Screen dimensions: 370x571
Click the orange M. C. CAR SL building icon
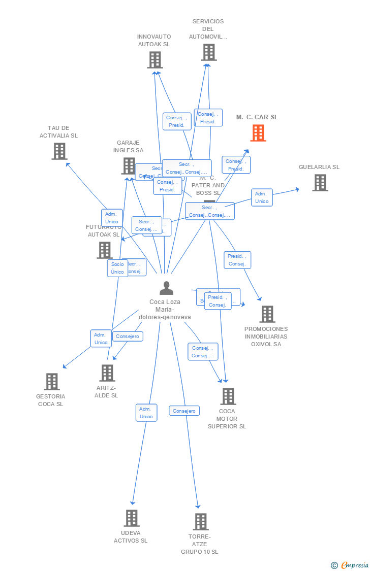258,133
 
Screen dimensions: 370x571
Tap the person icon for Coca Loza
166,288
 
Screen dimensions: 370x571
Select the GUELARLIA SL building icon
320,183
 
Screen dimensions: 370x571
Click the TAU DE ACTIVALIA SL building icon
59,151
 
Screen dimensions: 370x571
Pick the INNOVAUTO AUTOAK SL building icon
155,60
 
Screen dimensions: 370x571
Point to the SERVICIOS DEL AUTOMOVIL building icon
208,52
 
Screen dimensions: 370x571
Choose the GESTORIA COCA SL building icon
52,382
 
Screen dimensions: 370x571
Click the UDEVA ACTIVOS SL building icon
132,518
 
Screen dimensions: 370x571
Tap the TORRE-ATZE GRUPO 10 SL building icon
201,522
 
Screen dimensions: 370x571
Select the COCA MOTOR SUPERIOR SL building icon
228,396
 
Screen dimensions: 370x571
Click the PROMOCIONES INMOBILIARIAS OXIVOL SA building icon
267,314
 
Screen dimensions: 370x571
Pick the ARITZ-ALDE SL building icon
107,373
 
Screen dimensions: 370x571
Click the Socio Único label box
117,268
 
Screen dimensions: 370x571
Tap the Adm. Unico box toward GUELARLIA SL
262,197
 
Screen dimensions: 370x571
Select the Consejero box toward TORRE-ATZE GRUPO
184,411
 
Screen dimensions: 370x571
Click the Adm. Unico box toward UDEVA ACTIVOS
146,413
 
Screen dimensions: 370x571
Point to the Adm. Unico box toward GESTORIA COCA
101,339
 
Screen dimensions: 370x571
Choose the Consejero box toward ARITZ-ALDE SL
128,337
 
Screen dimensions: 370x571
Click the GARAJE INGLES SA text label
128,147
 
